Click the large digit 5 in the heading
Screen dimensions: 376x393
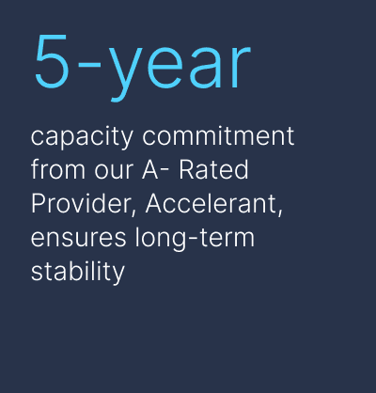[x=52, y=61]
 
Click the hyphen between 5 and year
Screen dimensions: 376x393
[x=89, y=65]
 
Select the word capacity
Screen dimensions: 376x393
[x=82, y=137]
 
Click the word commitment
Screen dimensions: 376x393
[x=218, y=135]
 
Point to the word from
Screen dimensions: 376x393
[x=58, y=169]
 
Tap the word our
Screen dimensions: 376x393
[x=114, y=172]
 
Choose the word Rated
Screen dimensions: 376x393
[x=213, y=169]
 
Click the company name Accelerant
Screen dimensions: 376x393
[x=213, y=203]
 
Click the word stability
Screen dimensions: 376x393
[x=78, y=271]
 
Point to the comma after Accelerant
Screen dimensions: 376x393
[x=279, y=212]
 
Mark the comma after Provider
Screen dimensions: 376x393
[x=134, y=212]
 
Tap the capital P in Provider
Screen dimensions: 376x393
[x=39, y=203]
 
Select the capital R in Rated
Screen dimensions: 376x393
[x=187, y=169]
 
